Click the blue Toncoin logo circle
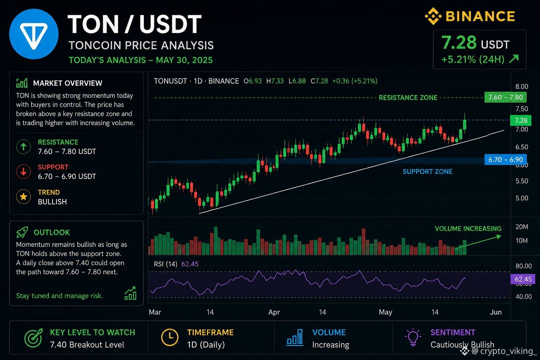(x=34, y=34)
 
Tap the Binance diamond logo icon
(x=433, y=16)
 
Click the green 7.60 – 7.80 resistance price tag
(x=506, y=97)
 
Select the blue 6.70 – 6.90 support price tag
(x=506, y=160)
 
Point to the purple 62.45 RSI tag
(x=523, y=279)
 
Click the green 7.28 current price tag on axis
(x=521, y=120)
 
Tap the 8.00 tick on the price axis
(x=522, y=86)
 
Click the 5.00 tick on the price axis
(x=522, y=198)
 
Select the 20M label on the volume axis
(x=522, y=227)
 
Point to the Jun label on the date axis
(x=496, y=312)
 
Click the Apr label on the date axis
(x=274, y=312)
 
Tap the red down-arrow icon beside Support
(x=24, y=172)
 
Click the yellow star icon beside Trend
(x=24, y=197)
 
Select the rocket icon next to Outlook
(x=22, y=232)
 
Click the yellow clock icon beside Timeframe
(x=170, y=337)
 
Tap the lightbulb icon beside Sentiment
(x=413, y=337)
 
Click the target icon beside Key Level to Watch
(x=33, y=338)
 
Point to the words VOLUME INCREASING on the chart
(x=468, y=229)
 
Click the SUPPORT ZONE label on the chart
(x=427, y=172)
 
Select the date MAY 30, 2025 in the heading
(x=184, y=60)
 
